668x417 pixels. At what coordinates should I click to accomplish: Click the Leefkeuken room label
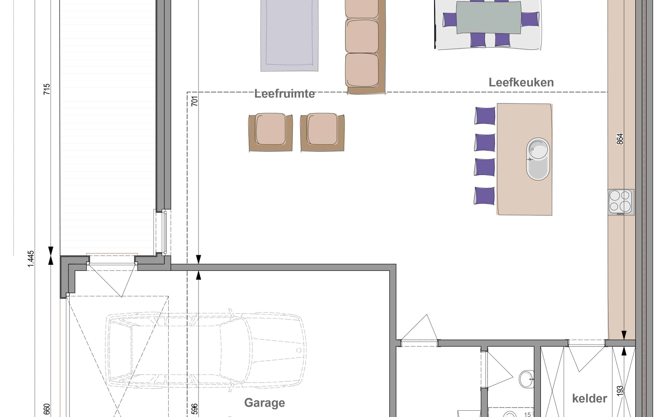[x=521, y=82]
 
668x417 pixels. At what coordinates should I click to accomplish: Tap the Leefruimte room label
[x=284, y=94]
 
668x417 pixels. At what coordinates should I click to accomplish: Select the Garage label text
[x=264, y=403]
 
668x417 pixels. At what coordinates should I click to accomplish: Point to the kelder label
[x=589, y=398]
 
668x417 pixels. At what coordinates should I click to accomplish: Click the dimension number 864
[x=620, y=139]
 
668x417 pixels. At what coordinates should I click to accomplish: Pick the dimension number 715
[x=47, y=89]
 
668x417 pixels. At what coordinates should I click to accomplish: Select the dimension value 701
[x=195, y=101]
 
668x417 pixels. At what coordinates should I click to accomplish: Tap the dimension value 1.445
[x=31, y=259]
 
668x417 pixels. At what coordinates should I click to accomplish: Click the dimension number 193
[x=620, y=391]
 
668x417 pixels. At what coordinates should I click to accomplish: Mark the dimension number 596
[x=195, y=409]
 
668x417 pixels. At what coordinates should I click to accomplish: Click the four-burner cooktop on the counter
[x=621, y=202]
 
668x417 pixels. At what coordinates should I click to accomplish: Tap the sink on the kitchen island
[x=538, y=159]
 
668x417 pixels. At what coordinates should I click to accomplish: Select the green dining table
[x=488, y=18]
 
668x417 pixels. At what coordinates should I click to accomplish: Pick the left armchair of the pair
[x=270, y=132]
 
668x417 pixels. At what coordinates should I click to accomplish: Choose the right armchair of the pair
[x=322, y=132]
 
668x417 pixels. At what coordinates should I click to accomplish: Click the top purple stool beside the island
[x=485, y=116]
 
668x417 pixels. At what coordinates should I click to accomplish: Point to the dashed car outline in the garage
[x=206, y=350]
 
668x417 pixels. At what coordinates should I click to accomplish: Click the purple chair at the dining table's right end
[x=530, y=19]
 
